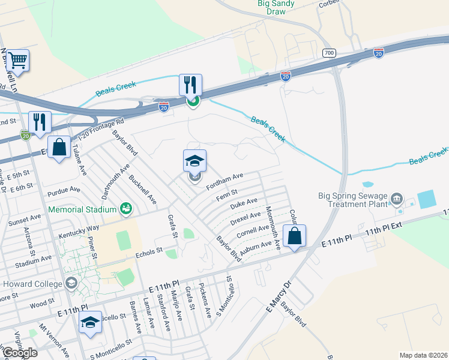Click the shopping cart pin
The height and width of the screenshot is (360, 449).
point(18,61)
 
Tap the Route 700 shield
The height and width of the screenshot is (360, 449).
point(328,53)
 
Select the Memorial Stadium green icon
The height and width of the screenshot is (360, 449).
point(125,208)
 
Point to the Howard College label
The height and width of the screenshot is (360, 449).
point(32,284)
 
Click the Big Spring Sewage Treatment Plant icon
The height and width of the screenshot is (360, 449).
point(396,198)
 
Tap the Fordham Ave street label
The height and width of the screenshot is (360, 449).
point(224,179)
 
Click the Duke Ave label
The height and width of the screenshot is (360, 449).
point(243,205)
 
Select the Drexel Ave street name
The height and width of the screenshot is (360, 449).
point(246,218)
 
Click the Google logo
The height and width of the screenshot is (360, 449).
point(20,353)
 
